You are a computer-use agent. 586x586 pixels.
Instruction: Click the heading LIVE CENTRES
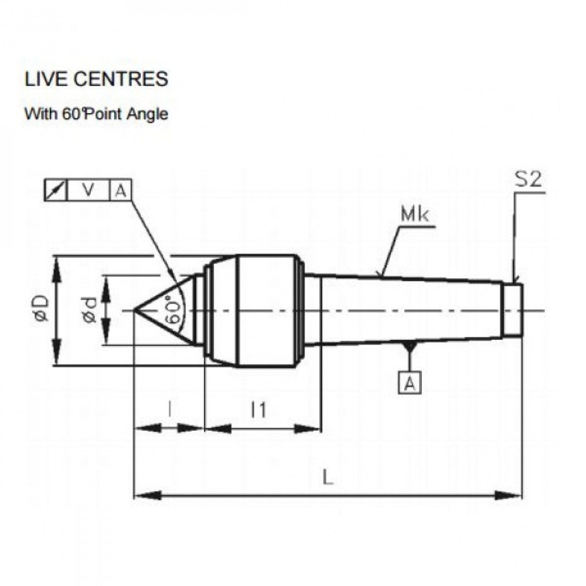96,79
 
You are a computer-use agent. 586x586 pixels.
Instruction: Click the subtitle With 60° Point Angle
96,114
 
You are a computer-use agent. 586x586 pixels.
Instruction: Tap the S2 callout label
528,180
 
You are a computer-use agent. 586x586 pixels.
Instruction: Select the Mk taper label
414,215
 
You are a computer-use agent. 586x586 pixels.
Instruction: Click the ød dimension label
89,309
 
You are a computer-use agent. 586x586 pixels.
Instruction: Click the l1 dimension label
258,410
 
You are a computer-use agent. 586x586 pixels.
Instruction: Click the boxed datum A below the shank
410,383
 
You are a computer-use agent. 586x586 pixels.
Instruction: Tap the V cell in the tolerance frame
88,190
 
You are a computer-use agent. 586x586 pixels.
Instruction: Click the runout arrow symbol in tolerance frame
56,190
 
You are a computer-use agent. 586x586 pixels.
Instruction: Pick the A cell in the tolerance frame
120,190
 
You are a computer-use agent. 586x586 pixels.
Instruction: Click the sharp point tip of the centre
136,310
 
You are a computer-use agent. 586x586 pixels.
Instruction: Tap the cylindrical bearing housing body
267,311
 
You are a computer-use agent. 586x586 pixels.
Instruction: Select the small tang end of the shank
513,310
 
